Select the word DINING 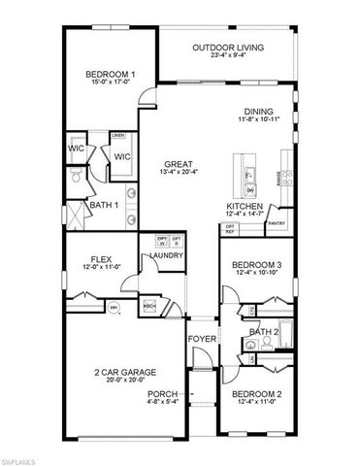[x=258, y=111]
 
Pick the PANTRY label [x=277, y=223]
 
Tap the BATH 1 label [x=104, y=205]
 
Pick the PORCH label [x=160, y=394]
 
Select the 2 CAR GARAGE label [x=125, y=372]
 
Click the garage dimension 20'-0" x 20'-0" [x=125, y=382]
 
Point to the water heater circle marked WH [x=113, y=308]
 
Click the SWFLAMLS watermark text [x=23, y=456]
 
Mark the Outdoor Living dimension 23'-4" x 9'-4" [x=227, y=54]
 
